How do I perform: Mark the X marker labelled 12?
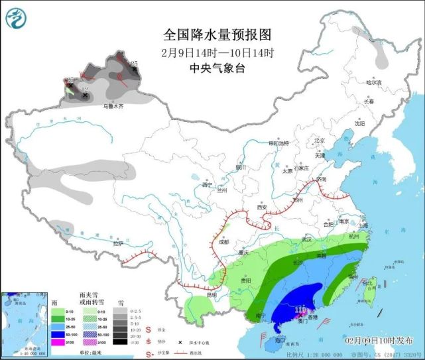85,95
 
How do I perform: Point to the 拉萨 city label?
118,243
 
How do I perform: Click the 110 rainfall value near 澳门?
300,309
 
